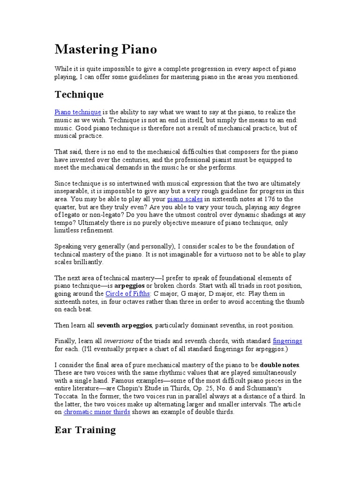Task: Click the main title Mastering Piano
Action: coord(105,49)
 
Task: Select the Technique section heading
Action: coord(79,95)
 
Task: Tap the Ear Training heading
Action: coord(85,430)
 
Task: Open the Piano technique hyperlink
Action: coord(77,112)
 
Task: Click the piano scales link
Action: coord(185,199)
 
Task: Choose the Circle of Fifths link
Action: coord(127,293)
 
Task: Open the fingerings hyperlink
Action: coord(287,341)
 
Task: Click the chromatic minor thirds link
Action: coord(97,412)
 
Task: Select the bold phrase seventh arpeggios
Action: coord(125,325)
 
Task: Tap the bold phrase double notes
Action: coord(280,365)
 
